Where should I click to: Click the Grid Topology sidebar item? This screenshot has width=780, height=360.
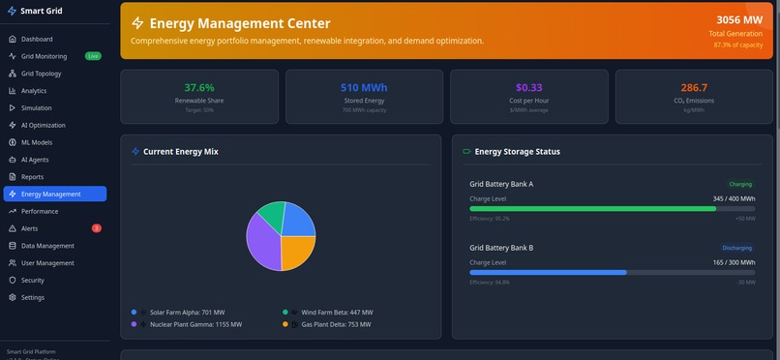41,74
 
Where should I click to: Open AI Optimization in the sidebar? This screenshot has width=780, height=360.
44,125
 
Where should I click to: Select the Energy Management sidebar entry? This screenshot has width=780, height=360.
50,195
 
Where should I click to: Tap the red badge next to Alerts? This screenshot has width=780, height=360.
96,228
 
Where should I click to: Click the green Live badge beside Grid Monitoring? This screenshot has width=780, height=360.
93,56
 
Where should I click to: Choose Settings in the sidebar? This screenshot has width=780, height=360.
32,297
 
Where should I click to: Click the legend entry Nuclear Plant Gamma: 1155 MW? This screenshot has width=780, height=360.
195,324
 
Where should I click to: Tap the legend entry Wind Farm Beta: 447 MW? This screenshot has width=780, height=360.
336,313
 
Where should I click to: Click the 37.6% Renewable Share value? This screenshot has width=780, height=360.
199,88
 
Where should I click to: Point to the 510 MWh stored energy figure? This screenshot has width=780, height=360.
364,88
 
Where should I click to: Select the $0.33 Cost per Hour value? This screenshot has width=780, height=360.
528,88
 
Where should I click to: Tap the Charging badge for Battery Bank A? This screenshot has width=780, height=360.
740,183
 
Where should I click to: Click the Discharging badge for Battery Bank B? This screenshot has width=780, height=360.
737,248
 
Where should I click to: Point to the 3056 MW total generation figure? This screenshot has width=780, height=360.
739,20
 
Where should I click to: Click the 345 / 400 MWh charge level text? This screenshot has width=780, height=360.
734,197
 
